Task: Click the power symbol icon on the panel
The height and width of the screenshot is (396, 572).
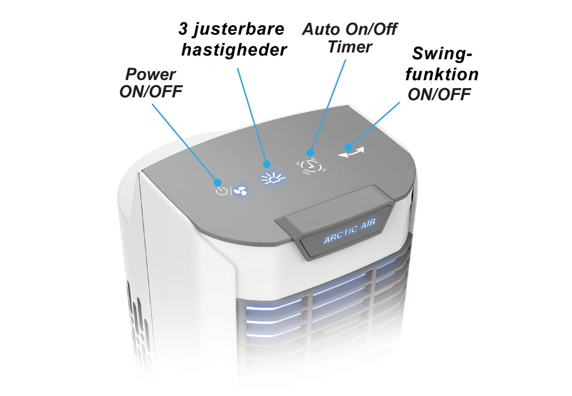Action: [x=221, y=191]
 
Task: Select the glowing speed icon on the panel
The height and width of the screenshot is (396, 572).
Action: [x=273, y=179]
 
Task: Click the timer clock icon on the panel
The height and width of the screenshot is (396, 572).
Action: [x=311, y=167]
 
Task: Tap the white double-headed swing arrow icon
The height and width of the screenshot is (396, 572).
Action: [x=351, y=152]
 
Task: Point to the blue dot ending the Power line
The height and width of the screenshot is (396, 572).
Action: [x=218, y=183]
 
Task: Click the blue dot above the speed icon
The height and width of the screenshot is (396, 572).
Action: [x=267, y=164]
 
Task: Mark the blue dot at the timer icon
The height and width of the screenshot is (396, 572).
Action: [x=310, y=152]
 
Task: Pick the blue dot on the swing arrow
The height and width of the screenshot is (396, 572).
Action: [x=348, y=148]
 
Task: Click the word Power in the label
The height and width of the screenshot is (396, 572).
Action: [x=150, y=74]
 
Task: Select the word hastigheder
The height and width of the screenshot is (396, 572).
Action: [x=234, y=50]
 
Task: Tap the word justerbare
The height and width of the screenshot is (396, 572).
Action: [x=239, y=29]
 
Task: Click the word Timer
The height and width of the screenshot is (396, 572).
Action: [x=349, y=47]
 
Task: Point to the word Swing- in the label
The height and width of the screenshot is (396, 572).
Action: [x=442, y=54]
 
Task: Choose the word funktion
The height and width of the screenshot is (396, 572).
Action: [x=442, y=74]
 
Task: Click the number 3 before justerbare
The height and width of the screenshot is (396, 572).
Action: [x=183, y=29]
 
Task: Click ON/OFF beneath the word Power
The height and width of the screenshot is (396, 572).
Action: [x=150, y=92]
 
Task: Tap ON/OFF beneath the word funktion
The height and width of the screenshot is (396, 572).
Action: [x=439, y=94]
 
